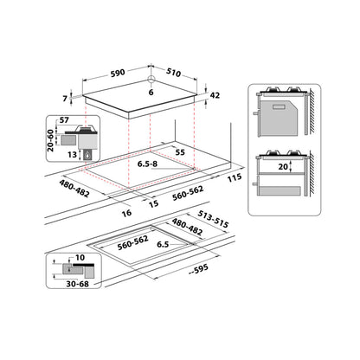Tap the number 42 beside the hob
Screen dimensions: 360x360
[x=215, y=97]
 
